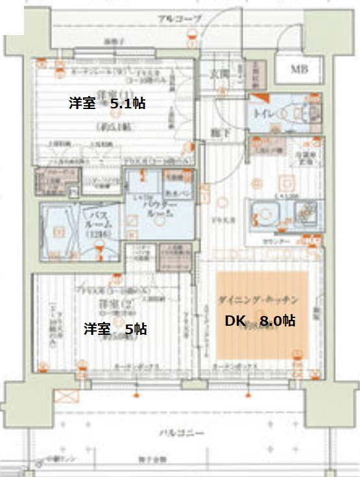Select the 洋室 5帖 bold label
point(115,329)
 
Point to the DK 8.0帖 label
point(260,320)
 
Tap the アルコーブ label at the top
point(180,19)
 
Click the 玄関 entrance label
point(220,74)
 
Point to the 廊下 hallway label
point(217,133)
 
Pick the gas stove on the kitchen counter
point(305,212)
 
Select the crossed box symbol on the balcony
point(67,397)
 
